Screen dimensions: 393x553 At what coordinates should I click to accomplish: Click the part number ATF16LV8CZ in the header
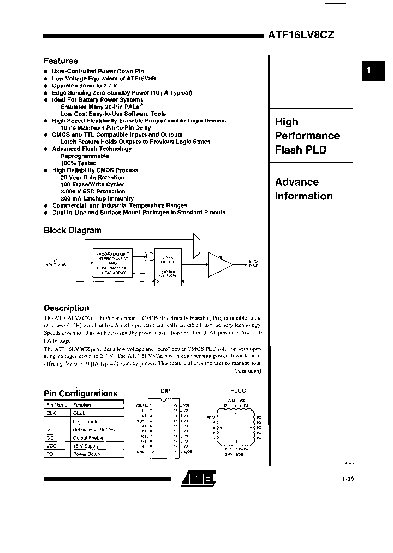(301, 34)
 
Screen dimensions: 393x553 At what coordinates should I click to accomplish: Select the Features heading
(61, 61)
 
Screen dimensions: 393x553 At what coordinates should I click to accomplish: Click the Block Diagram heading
(72, 230)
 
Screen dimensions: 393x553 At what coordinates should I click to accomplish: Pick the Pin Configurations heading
(80, 393)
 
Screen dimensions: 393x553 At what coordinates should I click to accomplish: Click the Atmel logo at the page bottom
(199, 479)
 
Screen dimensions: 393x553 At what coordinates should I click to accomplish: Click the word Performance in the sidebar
(307, 136)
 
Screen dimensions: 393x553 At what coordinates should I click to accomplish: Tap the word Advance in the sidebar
(296, 182)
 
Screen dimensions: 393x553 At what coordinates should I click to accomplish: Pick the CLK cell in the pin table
(51, 414)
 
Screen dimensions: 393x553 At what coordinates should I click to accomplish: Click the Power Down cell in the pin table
(86, 454)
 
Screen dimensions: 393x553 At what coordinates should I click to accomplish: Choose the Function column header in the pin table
(82, 405)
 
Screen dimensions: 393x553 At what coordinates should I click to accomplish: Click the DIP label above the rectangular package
(165, 391)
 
